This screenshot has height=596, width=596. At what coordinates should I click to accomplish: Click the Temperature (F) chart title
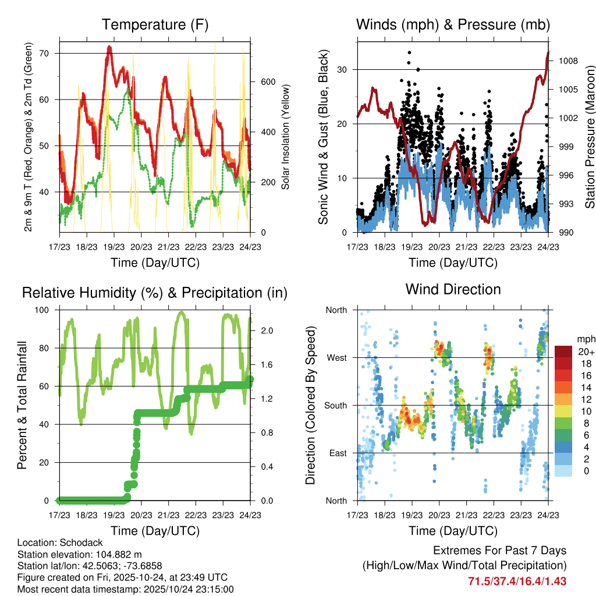155,24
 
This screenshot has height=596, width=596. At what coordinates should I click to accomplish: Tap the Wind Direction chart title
453,289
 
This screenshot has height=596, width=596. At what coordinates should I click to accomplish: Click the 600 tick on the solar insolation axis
260,81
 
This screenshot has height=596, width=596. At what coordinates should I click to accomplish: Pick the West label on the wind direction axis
336,357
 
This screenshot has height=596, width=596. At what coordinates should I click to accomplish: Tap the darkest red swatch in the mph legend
563,351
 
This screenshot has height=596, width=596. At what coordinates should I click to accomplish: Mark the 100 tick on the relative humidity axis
46,310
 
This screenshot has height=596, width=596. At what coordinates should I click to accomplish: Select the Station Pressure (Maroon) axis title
590,136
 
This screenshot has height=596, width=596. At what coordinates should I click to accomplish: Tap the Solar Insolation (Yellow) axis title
285,136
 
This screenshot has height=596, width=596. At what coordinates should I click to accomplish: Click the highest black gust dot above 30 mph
409,52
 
